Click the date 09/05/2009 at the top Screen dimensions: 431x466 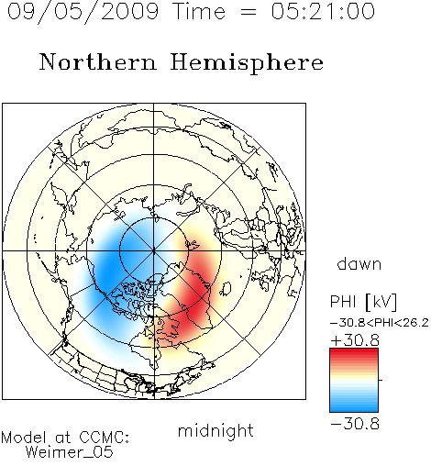[83, 12]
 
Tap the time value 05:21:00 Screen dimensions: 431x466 [323, 11]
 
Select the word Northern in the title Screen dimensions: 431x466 [98, 61]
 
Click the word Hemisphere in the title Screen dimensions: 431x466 [247, 63]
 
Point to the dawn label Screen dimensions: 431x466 [359, 263]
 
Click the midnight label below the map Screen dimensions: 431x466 [215, 431]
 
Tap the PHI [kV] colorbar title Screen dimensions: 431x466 [364, 302]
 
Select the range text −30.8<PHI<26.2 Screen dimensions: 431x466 [380, 323]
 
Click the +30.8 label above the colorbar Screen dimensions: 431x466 [355, 340]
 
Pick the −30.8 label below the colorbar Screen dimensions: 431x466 [355, 424]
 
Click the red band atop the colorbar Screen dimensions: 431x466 [354, 353]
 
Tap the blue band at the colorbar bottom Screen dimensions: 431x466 [354, 407]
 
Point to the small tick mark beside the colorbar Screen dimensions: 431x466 [381, 380]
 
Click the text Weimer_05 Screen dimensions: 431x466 [70, 451]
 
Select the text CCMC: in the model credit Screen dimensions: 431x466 [105, 438]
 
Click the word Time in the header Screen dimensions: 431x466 [200, 11]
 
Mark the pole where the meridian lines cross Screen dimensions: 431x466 [153, 251]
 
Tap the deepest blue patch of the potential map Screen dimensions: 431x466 [111, 269]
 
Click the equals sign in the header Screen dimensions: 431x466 [249, 13]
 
